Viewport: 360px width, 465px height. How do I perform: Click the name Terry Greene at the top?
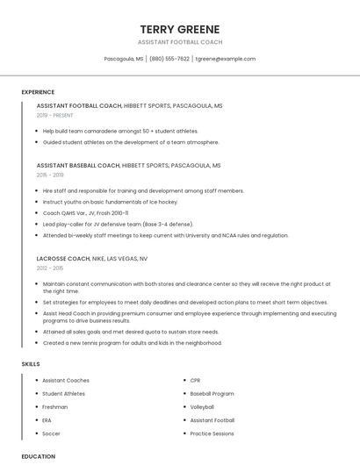tap(180, 29)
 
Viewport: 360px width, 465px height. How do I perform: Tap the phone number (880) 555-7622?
tap(169, 59)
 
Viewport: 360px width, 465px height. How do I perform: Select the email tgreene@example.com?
tap(226, 59)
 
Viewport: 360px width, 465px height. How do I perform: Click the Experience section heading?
tap(38, 91)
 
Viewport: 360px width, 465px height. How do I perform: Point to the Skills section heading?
tap(31, 363)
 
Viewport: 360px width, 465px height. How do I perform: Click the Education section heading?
tap(39, 456)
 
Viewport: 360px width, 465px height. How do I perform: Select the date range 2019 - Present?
tap(55, 115)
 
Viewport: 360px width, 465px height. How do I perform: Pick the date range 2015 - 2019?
tap(50, 175)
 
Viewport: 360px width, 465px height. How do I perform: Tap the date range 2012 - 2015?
tap(50, 268)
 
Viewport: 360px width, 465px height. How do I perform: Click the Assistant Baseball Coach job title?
tap(78, 165)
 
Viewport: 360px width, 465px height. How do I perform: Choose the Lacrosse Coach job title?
tap(63, 259)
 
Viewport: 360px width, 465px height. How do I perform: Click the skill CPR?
tap(195, 381)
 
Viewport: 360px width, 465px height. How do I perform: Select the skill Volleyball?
tap(202, 407)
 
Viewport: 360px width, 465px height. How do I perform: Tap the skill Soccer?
tap(51, 433)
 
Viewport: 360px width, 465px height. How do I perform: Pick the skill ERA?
tap(47, 420)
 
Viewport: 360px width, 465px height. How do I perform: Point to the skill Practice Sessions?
tap(212, 433)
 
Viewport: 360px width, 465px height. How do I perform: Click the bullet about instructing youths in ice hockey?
tap(110, 202)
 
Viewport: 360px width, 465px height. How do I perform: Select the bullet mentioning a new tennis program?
tap(132, 343)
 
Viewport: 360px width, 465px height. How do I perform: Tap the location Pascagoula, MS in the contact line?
tap(123, 59)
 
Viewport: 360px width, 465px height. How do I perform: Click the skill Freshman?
tap(54, 407)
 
